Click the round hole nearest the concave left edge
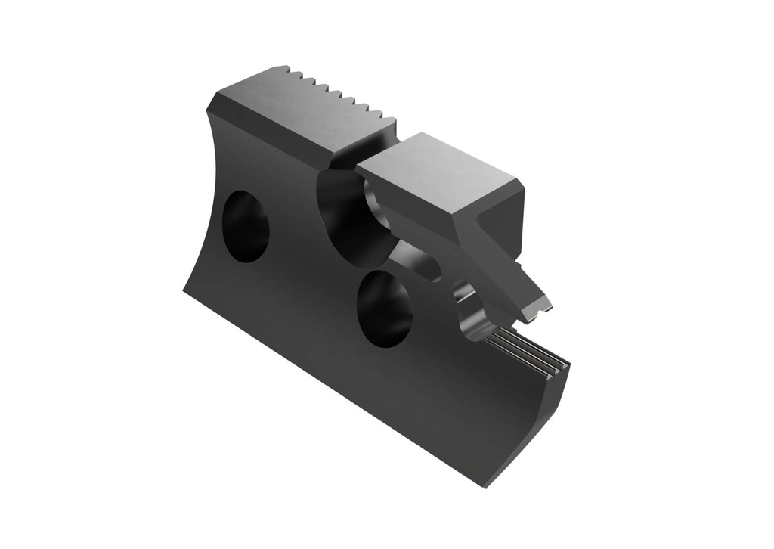pyautogui.click(x=246, y=226)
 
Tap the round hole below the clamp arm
pyautogui.click(x=385, y=309)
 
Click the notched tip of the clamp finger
pyautogui.click(x=540, y=307)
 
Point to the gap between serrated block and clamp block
pyautogui.click(x=378, y=151)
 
